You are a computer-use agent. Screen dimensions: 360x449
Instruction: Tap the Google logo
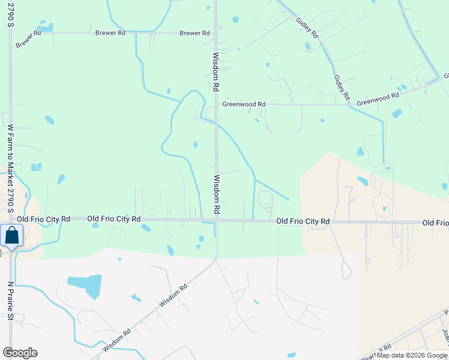20,352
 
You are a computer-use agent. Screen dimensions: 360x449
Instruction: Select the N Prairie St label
10,302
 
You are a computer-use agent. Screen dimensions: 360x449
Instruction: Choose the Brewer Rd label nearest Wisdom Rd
194,33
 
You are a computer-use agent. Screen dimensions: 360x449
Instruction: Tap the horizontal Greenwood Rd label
244,104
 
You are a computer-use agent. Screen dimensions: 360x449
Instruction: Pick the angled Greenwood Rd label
378,99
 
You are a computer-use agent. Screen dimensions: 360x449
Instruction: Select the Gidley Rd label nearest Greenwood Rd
342,88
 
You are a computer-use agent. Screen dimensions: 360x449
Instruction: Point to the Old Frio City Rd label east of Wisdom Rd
303,221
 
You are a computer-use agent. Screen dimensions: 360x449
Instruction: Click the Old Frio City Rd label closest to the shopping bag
44,220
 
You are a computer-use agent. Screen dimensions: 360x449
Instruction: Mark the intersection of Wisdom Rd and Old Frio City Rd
217,220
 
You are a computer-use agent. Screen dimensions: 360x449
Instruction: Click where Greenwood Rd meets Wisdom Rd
216,104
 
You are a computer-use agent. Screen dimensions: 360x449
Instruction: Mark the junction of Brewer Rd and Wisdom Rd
215,33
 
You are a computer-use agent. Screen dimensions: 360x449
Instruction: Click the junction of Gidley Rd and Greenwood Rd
348,104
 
